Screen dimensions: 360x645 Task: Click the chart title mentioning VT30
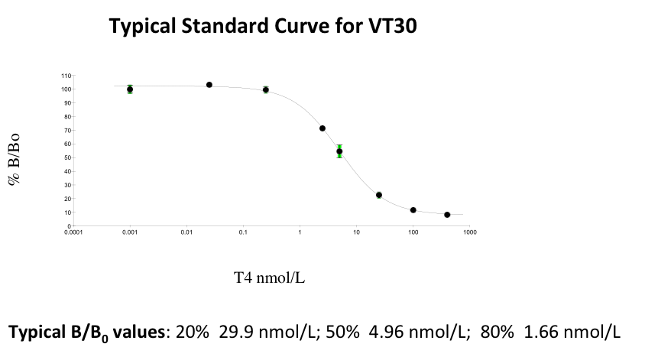[x=263, y=27]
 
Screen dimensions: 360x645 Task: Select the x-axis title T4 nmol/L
[x=269, y=277]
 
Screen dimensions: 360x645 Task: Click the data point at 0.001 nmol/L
[x=130, y=89]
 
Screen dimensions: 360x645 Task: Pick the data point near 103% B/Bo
[x=209, y=85]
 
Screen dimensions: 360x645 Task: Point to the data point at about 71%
[x=322, y=128]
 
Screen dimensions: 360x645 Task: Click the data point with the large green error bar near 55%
[x=339, y=151]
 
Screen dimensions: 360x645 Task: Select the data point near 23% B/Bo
[x=379, y=195]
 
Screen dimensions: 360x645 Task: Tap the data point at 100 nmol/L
[x=413, y=210]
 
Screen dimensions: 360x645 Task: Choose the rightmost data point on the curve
[x=447, y=215]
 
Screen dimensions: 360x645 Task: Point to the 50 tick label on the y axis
[x=67, y=157]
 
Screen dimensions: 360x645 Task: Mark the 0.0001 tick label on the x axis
[x=73, y=232]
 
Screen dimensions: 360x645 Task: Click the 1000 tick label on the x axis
[x=470, y=232]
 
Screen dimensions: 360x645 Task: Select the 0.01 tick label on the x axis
[x=186, y=232]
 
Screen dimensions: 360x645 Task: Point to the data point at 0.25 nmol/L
[x=266, y=89]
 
